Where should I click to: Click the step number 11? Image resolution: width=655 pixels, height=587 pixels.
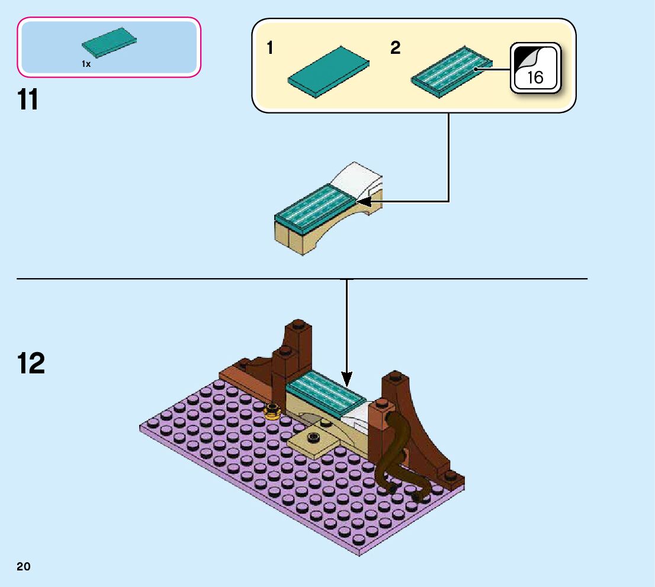[28, 100]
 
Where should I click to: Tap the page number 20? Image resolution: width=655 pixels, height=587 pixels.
[24, 566]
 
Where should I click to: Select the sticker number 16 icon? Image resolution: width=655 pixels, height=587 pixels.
[535, 68]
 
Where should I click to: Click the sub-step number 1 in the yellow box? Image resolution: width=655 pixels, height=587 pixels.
[270, 49]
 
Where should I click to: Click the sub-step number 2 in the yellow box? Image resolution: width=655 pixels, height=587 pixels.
[395, 49]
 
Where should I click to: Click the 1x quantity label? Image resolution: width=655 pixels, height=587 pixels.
[86, 64]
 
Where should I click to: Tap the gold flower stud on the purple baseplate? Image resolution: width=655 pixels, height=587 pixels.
[272, 410]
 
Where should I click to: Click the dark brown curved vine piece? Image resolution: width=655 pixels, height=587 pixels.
[399, 456]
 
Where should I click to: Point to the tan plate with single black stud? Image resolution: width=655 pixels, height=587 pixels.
[314, 441]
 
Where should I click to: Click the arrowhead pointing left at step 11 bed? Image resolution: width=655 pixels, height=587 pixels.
[362, 202]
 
